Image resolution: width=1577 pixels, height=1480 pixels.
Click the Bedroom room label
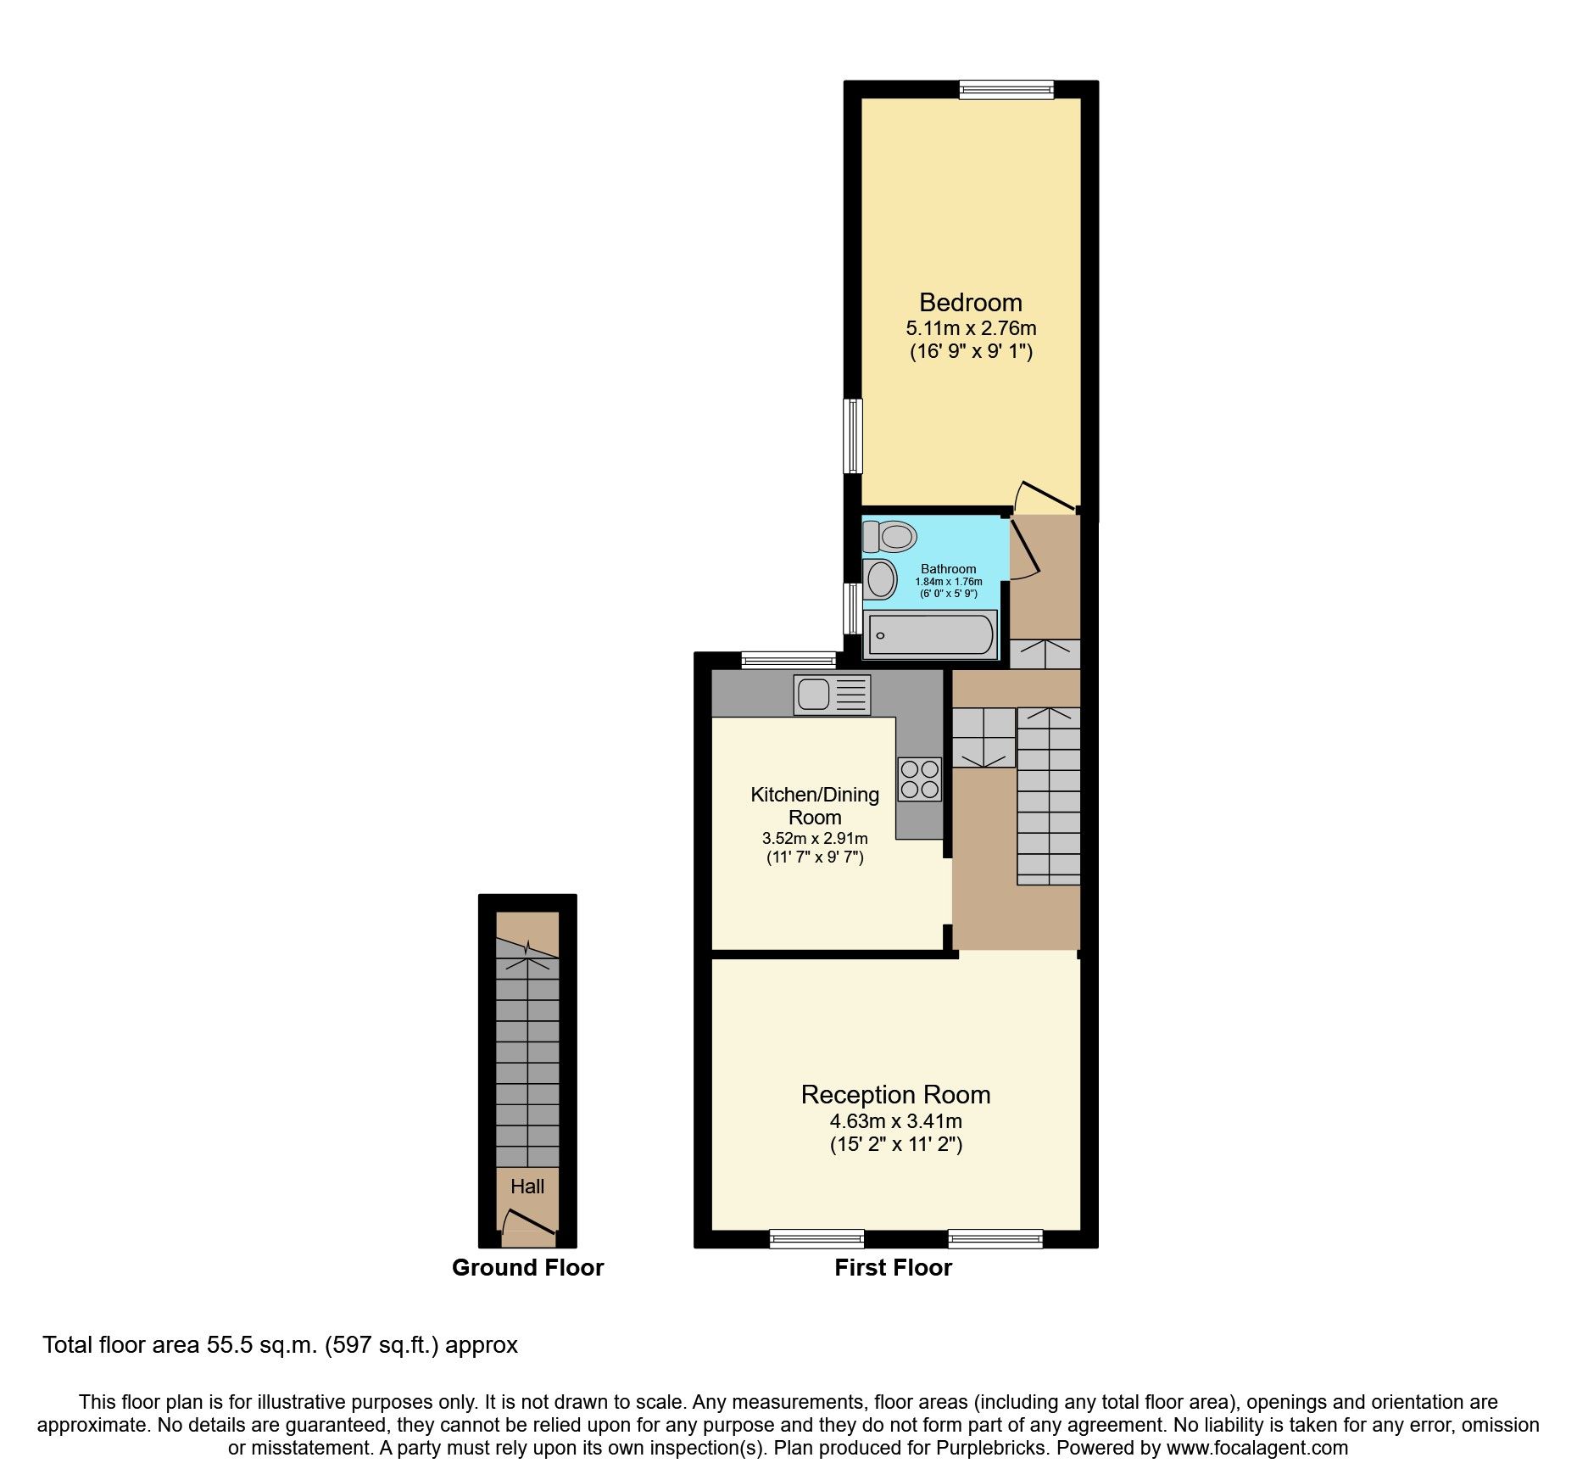970,303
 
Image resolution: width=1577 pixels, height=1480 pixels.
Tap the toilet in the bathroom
890,536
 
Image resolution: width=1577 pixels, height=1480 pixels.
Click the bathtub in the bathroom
931,635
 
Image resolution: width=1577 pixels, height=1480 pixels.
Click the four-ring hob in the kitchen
919,779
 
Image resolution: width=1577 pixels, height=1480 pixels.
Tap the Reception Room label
895,1095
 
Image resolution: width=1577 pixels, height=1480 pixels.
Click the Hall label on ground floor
527,1187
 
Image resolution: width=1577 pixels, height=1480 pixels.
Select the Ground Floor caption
527,1268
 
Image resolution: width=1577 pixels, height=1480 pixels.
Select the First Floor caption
893,1268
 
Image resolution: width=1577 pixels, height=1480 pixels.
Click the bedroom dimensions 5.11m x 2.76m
971,328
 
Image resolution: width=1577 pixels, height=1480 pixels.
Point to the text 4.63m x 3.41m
895,1121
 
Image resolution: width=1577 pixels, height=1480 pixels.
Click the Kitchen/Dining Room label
814,806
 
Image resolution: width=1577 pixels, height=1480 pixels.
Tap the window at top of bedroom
1006,89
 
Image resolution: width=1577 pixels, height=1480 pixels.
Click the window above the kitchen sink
788,660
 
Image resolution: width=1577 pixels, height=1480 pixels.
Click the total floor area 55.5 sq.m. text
280,1345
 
